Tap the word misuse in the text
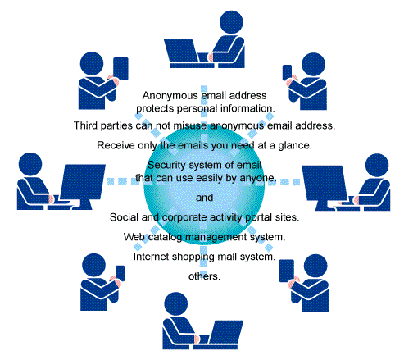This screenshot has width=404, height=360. pyautogui.click(x=190, y=125)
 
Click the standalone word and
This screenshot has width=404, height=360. pyautogui.click(x=204, y=198)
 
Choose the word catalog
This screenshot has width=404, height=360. pyautogui.click(x=165, y=237)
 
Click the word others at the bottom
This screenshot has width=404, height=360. pyautogui.click(x=204, y=276)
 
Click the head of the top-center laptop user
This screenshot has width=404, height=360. pyautogui.click(x=231, y=22)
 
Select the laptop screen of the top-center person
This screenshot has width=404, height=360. pyautogui.click(x=181, y=50)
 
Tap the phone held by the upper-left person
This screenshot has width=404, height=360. pyautogui.click(x=120, y=69)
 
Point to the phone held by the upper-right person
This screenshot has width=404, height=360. pyautogui.click(x=287, y=72)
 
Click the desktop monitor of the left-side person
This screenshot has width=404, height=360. pyautogui.click(x=83, y=181)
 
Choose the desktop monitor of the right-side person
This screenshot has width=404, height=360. pyautogui.click(x=325, y=183)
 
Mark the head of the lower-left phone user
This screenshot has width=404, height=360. pyautogui.click(x=93, y=265)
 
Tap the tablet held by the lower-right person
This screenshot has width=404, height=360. pyautogui.click(x=286, y=271)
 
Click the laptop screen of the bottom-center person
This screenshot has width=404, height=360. pyautogui.click(x=225, y=332)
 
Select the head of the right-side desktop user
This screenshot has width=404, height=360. pyautogui.click(x=377, y=166)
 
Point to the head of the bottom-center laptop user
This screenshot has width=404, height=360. pyautogui.click(x=176, y=303)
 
